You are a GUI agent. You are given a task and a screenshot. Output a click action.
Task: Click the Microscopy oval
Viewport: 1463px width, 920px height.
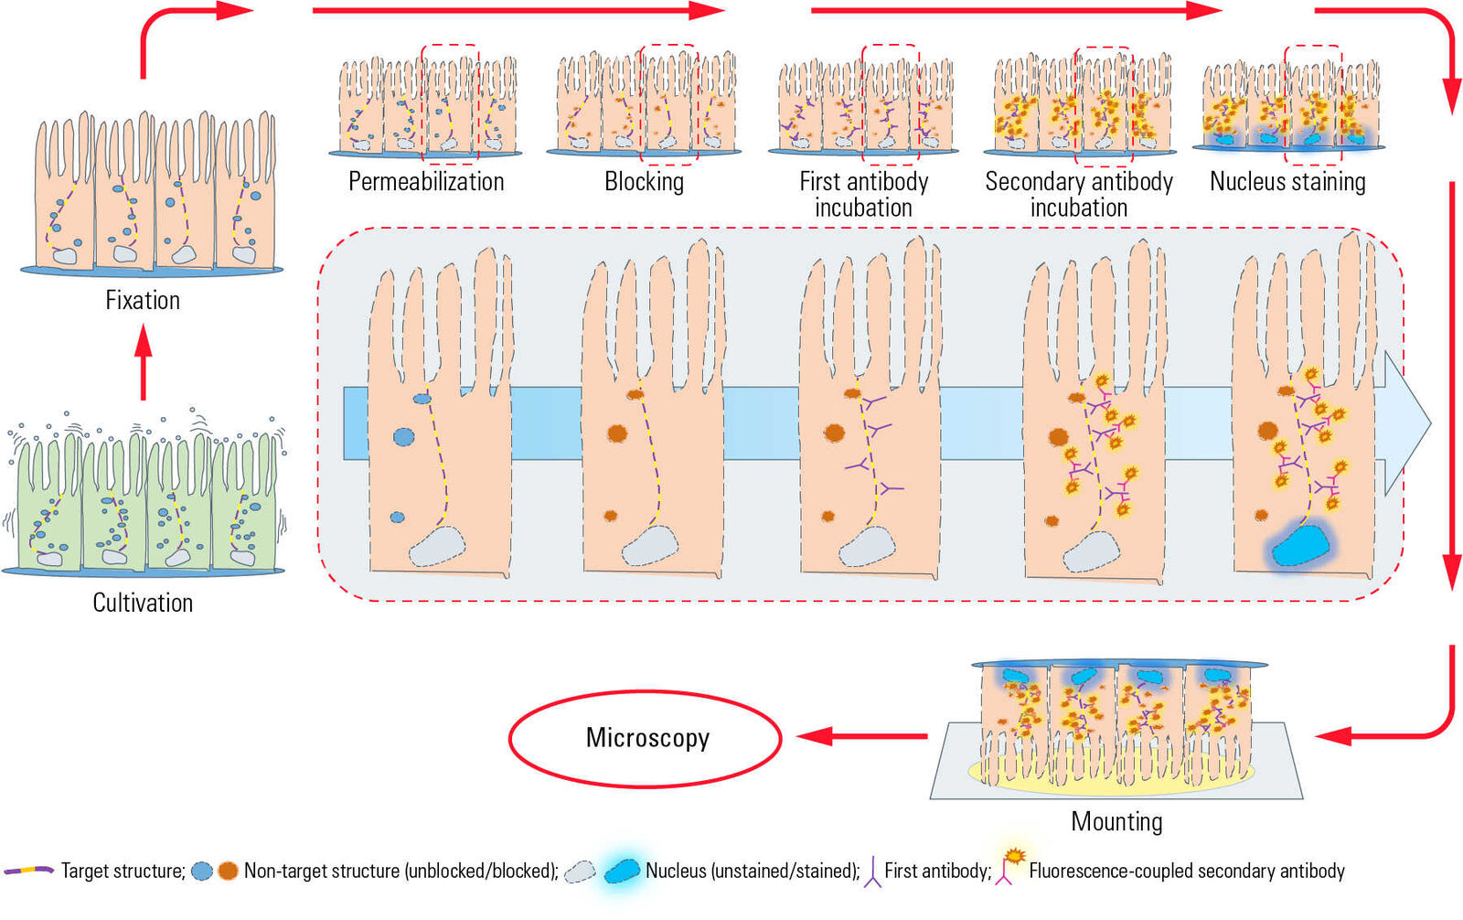pos(646,738)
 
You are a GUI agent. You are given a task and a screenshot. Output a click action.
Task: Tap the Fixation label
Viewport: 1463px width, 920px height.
pos(143,301)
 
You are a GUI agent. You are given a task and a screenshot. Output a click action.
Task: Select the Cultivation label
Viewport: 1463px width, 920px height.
pos(143,603)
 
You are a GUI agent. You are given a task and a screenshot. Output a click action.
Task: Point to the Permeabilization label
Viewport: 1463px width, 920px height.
pos(426,182)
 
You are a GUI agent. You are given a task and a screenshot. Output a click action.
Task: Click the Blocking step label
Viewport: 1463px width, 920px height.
pos(644,182)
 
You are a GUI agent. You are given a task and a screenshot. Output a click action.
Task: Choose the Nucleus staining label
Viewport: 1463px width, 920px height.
pos(1287,182)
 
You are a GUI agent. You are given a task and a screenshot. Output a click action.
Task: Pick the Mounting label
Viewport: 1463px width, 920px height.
pos(1116,821)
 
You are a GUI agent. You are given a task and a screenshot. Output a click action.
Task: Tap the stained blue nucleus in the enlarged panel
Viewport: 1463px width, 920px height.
pos(1300,545)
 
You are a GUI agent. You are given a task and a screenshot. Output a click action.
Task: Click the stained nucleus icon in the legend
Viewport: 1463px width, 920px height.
pos(622,871)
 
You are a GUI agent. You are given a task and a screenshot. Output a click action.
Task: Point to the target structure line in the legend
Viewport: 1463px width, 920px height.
pos(29,871)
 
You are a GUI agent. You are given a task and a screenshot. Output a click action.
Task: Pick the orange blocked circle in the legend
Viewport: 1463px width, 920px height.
pos(228,872)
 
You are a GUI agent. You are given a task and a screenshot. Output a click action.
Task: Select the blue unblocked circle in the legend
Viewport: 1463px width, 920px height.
pos(202,872)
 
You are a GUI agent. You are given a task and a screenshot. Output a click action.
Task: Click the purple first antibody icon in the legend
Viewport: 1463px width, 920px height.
pos(873,872)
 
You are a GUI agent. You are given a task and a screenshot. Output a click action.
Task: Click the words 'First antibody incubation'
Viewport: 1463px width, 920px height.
pos(863,195)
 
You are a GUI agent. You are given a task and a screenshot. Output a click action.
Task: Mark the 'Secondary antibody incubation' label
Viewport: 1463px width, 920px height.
pos(1079,195)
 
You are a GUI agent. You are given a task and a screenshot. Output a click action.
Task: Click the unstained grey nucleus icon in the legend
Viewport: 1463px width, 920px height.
pos(580,872)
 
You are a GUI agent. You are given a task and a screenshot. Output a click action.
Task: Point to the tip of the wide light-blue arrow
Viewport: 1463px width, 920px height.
pos(1428,423)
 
